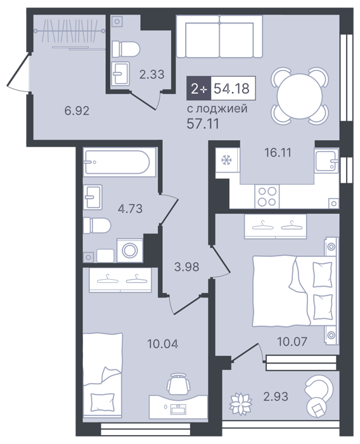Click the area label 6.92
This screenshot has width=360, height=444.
(77, 110)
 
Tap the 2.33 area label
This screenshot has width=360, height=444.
(152, 74)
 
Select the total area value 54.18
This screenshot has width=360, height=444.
(231, 88)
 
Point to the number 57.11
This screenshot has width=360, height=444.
(203, 124)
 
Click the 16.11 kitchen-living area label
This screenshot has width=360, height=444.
(278, 153)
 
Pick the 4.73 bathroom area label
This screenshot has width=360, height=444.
(130, 209)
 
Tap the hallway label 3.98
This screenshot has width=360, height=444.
(187, 267)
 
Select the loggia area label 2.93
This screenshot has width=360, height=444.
(276, 396)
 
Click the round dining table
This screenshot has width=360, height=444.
(300, 96)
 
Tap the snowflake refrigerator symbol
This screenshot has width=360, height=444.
(226, 160)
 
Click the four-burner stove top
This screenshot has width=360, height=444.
(267, 197)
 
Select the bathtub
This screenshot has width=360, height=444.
(119, 162)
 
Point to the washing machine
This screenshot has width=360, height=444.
(130, 251)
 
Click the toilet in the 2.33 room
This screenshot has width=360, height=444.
(126, 49)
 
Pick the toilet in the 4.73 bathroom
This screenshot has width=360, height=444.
(97, 225)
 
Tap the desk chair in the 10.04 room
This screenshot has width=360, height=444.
(178, 383)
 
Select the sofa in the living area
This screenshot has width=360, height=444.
(219, 36)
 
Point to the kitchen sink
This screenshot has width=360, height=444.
(326, 160)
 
